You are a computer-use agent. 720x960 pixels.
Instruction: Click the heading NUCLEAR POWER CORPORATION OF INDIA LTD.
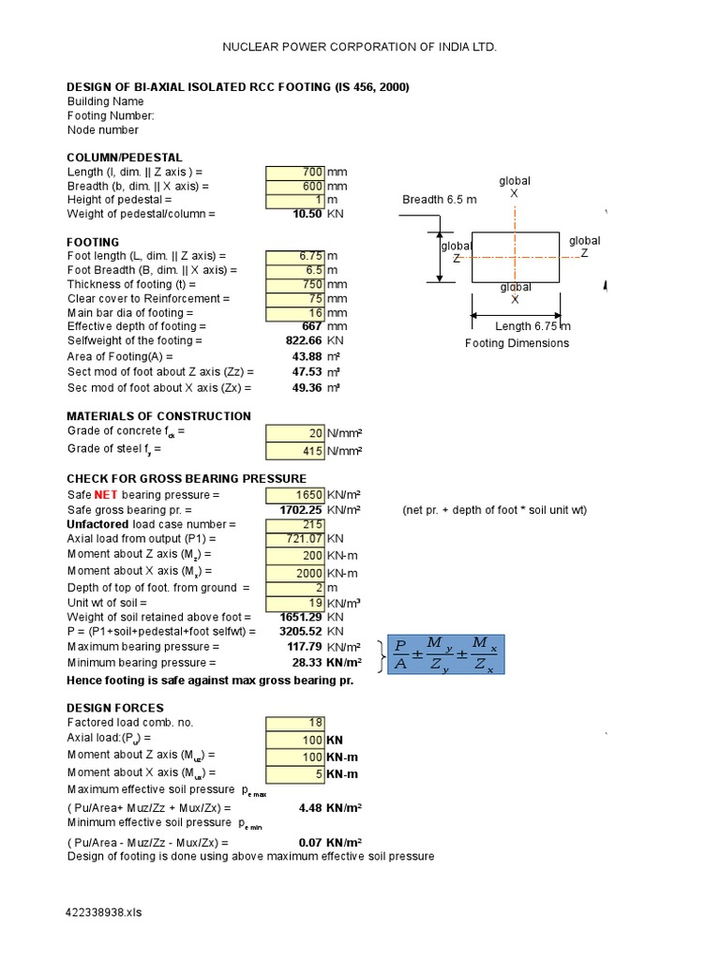[360, 47]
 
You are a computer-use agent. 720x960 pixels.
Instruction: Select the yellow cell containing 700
[295, 172]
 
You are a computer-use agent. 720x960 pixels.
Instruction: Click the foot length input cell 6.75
[295, 256]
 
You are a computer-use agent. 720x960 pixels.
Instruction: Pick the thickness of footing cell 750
[295, 284]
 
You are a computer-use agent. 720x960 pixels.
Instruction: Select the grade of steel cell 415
[295, 450]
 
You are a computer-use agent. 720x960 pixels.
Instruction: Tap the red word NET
[104, 494]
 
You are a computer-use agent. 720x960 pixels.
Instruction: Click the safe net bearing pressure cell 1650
[295, 494]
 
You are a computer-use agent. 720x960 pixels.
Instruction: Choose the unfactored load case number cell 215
[295, 524]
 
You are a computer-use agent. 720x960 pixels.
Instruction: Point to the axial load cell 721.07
[295, 539]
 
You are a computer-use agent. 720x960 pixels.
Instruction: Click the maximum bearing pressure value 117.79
[305, 647]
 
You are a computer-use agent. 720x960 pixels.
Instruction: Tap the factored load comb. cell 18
[295, 723]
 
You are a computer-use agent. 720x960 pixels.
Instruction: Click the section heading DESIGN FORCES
[115, 708]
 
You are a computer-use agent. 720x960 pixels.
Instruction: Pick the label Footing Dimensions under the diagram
[517, 343]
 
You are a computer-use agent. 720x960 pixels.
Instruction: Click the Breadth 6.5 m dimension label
[440, 200]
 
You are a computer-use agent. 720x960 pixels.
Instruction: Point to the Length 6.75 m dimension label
[532, 326]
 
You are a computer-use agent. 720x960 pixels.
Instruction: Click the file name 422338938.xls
[104, 911]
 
